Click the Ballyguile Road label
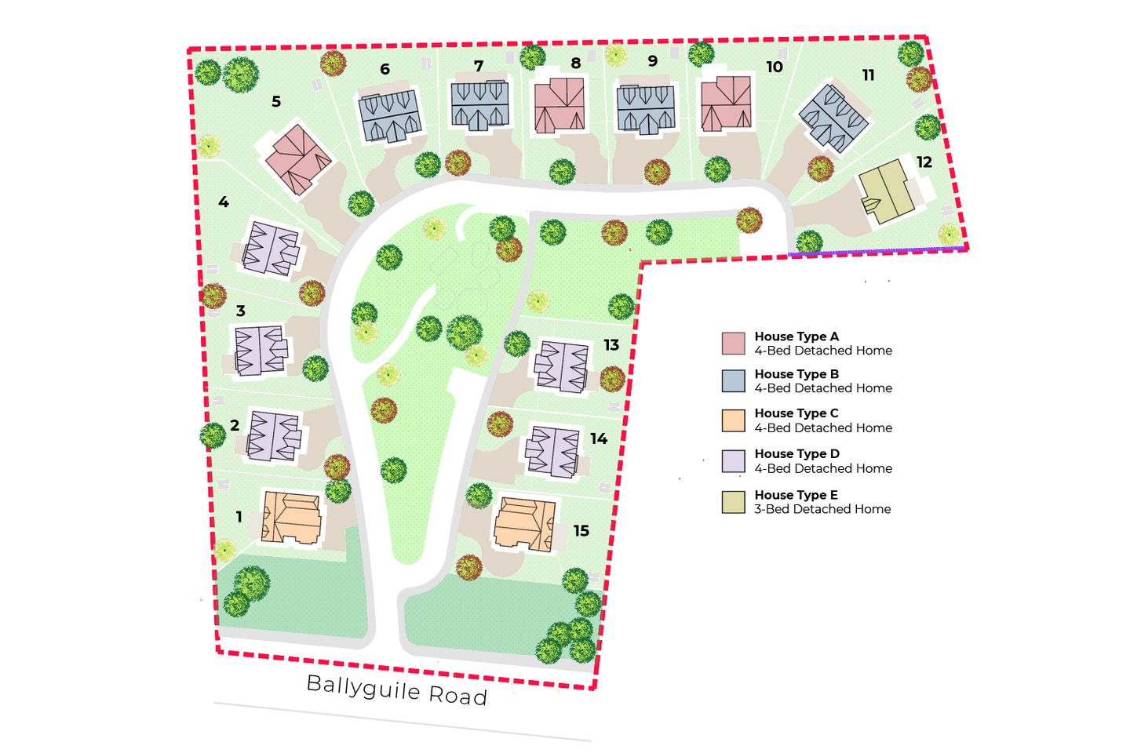tap(396, 689)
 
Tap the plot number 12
tap(924, 162)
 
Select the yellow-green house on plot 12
tap(884, 192)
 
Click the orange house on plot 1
tap(291, 518)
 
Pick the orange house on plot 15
tap(525, 523)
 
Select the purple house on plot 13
tap(561, 365)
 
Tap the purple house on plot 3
tap(260, 350)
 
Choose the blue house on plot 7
tap(479, 104)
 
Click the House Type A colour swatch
tap(733, 344)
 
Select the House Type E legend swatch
tap(733, 502)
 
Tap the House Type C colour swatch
tap(733, 420)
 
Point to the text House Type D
tap(796, 454)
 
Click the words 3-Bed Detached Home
tap(822, 509)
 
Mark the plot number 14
tap(599, 439)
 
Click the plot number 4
tap(224, 202)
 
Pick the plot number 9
tap(652, 61)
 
